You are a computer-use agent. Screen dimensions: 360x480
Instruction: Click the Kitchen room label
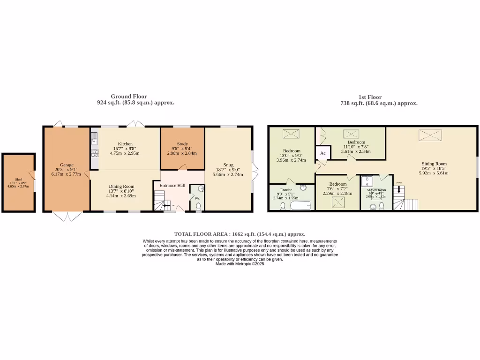pyautogui.click(x=125, y=144)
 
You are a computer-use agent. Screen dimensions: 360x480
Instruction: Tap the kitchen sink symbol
pyautogui.click(x=94, y=138)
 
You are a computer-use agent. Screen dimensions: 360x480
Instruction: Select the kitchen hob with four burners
pyautogui.click(x=94, y=152)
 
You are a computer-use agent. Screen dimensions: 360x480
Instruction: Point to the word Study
pyautogui.click(x=182, y=144)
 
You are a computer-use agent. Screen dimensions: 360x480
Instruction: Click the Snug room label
pyautogui.click(x=228, y=165)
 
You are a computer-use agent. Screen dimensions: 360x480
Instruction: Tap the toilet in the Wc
pyautogui.click(x=198, y=206)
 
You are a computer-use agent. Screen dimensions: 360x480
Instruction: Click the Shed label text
pyautogui.click(x=19, y=180)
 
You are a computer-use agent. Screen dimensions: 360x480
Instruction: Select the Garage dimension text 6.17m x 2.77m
pyautogui.click(x=66, y=174)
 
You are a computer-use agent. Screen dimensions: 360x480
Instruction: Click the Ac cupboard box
pyautogui.click(x=323, y=153)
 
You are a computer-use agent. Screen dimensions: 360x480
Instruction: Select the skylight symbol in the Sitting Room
pyautogui.click(x=427, y=135)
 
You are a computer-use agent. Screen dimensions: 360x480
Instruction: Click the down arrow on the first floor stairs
pyautogui.click(x=399, y=190)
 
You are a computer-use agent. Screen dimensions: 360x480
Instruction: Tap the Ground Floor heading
pyautogui.click(x=128, y=97)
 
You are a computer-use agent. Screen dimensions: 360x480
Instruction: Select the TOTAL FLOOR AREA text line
pyautogui.click(x=240, y=234)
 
